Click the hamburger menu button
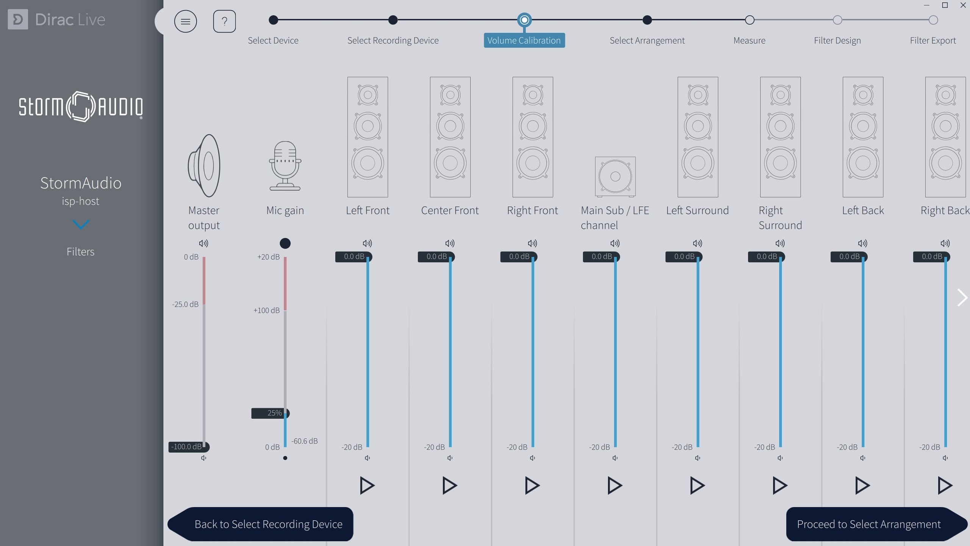[185, 21]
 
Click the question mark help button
[224, 21]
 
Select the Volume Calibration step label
[524, 40]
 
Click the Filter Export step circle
[933, 20]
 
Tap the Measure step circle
[749, 20]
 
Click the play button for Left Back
[862, 485]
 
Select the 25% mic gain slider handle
[270, 413]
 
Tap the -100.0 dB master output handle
[189, 447]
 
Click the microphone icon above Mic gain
[285, 166]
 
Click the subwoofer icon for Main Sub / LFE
[615, 177]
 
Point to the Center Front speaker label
[450, 210]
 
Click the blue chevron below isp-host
[81, 224]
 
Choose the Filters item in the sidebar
[80, 252]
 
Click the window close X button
[963, 5]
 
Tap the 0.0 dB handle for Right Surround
[767, 257]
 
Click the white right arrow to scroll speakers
[962, 298]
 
